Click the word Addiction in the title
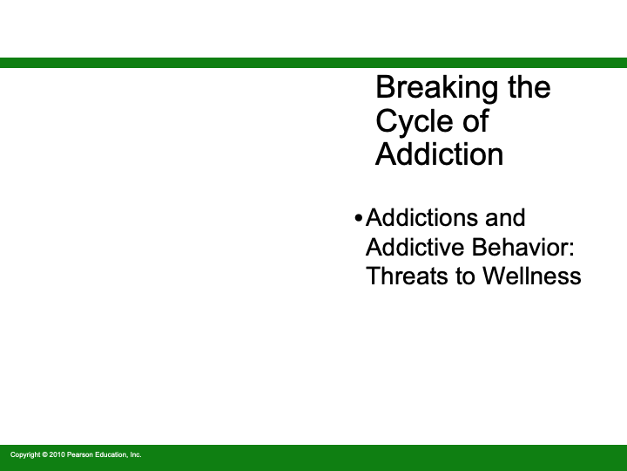(x=439, y=154)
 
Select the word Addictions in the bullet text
(x=421, y=217)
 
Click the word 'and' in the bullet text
(x=504, y=217)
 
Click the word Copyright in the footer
(x=24, y=454)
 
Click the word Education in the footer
(x=111, y=454)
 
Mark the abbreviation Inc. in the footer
(x=135, y=454)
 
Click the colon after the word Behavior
(x=572, y=249)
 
